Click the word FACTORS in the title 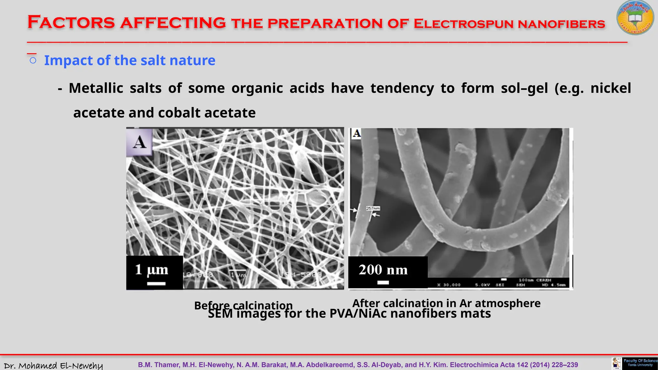pos(71,22)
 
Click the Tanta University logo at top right pos(635,18)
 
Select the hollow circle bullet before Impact pos(33,60)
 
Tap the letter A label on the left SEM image pos(139,142)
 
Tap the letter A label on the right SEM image pos(356,133)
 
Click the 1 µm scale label pos(151,269)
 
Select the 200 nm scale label pos(383,270)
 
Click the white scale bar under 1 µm pos(156,284)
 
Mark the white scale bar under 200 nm pos(383,283)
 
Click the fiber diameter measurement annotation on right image pos(373,209)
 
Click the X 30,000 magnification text pos(449,285)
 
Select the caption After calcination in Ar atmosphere pos(446,303)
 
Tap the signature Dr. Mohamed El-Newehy pos(53,366)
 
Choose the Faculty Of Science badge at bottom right pos(640,363)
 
